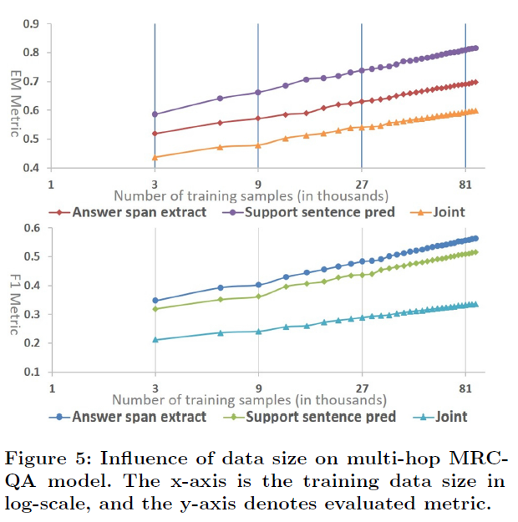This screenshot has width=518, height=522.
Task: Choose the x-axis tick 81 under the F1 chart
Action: (x=465, y=388)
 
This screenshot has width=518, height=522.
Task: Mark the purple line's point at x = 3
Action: (x=155, y=114)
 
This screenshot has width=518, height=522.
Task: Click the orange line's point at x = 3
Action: (x=155, y=157)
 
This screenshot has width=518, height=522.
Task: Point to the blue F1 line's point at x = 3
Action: (x=155, y=301)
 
